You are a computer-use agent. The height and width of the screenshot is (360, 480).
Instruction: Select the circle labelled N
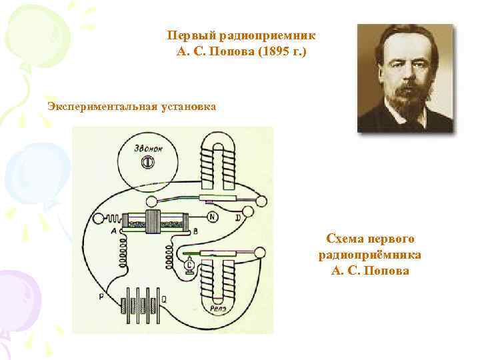pos(213,217)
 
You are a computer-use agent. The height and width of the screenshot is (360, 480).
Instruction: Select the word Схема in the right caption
pos(344,238)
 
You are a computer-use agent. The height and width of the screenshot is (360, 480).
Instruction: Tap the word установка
pos(187,105)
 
